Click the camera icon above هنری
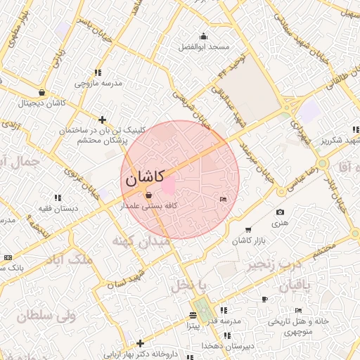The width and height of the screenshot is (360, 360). coord(281,212)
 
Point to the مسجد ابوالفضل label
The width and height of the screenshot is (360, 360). coord(204,46)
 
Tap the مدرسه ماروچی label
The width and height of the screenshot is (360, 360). coord(98,83)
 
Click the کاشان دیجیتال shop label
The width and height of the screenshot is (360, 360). coord(43,103)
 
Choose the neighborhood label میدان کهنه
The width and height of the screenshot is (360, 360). coord(141,241)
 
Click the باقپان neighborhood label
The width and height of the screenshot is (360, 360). coord(303,285)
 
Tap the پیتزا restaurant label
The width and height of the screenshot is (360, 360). coord(193,326)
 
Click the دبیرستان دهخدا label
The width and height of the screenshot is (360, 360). coord(202,346)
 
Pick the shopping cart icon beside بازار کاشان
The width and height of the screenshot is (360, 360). coord(247,230)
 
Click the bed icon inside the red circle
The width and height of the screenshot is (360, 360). coord(224,200)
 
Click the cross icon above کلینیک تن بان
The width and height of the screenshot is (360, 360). coord(103,120)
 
